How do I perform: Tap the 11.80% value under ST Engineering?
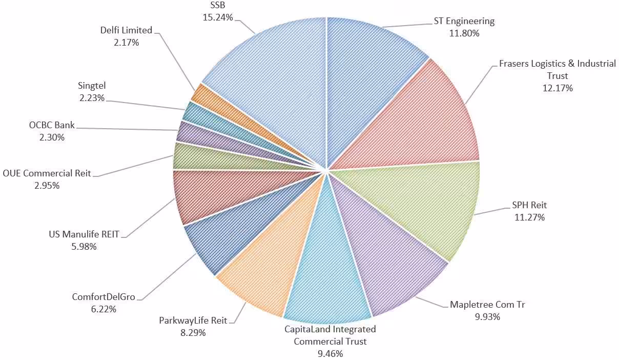pyautogui.click(x=464, y=33)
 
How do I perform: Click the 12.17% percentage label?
pyautogui.click(x=558, y=88)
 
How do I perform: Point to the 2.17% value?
pyautogui.click(x=126, y=43)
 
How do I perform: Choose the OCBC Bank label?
pyautogui.click(x=52, y=125)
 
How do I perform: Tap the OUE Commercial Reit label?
pyautogui.click(x=47, y=173)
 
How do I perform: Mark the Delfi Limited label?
pyautogui.click(x=126, y=30)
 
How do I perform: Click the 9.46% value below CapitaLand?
pyautogui.click(x=330, y=353)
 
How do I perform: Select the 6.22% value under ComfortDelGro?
pyautogui.click(x=104, y=309)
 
